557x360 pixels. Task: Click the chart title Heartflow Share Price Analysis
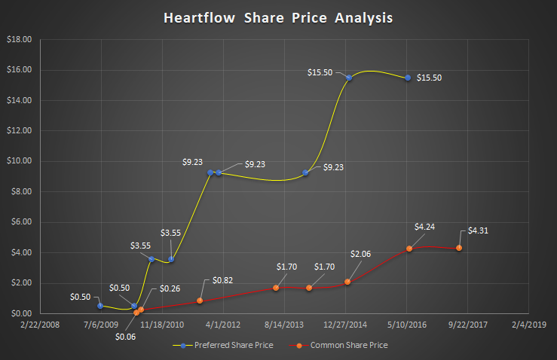coord(278,18)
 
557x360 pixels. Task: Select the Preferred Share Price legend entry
coord(231,345)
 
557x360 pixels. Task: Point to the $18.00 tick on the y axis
coord(19,39)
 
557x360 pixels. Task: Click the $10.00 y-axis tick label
coord(19,161)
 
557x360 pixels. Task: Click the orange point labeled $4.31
coord(459,248)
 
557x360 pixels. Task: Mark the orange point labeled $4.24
coord(409,248)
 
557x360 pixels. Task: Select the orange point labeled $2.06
coord(347,282)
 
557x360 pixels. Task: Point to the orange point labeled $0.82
coord(200,301)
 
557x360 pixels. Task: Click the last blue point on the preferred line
coord(408,78)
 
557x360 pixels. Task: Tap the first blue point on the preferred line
coord(99,306)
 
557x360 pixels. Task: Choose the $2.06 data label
coord(361,255)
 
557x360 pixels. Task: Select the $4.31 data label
coord(479,230)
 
